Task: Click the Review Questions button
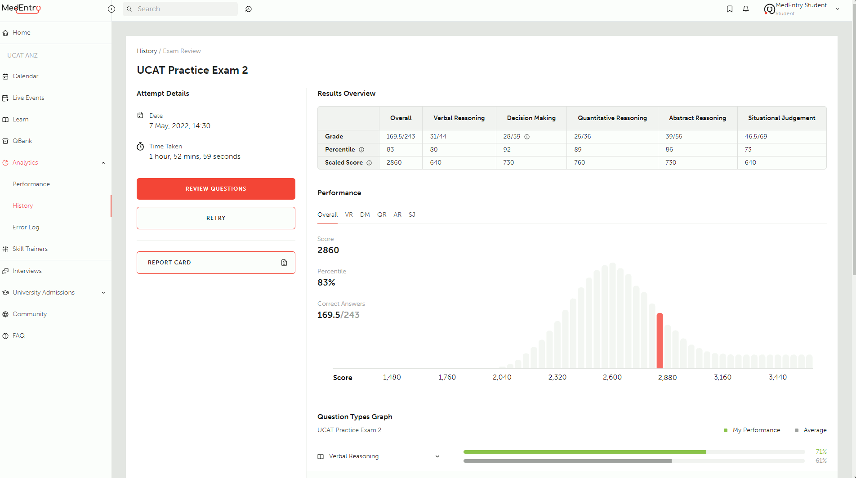tap(216, 189)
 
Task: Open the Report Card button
tap(216, 263)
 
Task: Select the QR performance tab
tap(382, 215)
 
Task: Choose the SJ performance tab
tap(412, 215)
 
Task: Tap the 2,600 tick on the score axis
tap(612, 377)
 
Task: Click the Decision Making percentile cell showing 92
tap(507, 149)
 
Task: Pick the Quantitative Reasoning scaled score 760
tap(580, 162)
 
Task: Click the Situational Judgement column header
tap(781, 118)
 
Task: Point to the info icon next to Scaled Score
tap(369, 163)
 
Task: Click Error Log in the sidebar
tap(26, 227)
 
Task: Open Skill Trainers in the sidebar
tap(30, 249)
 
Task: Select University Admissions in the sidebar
tap(44, 292)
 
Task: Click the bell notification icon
tap(746, 9)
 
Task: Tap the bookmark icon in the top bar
tap(730, 9)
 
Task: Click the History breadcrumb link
tap(147, 51)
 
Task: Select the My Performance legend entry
tap(756, 430)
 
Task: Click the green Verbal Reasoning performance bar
tap(584, 451)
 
